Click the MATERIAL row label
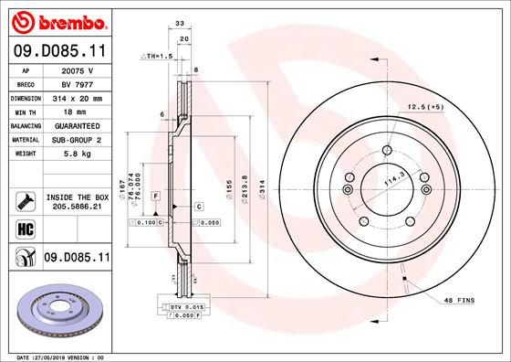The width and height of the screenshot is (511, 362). tap(25, 139)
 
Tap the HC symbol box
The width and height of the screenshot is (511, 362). tap(25, 229)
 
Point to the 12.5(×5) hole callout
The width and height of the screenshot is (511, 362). tap(424, 106)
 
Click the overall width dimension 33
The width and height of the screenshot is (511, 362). tap(180, 25)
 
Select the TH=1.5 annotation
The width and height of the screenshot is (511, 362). tap(156, 57)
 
